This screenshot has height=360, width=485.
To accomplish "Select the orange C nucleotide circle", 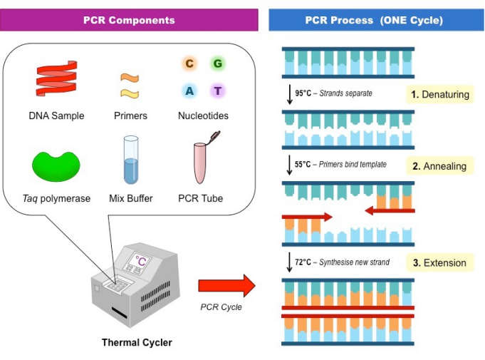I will tap(189, 64).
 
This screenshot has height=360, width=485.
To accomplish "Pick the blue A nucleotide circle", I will tap(189, 91).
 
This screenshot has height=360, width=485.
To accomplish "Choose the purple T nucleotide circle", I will tap(217, 91).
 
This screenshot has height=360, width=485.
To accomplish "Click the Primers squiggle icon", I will tap(129, 85).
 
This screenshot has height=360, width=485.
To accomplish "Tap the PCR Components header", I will tap(130, 20).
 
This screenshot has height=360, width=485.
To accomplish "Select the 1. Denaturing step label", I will tap(439, 94).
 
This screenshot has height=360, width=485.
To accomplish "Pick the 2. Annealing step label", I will tap(439, 166).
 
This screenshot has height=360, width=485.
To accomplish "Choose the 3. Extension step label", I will tap(439, 262).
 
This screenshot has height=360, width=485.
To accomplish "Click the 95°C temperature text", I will tap(303, 93).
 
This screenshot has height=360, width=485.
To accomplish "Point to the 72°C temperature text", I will tap(303, 262).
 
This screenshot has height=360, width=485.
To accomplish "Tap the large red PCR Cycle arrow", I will tap(226, 287).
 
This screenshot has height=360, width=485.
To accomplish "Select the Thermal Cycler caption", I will tap(137, 343).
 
